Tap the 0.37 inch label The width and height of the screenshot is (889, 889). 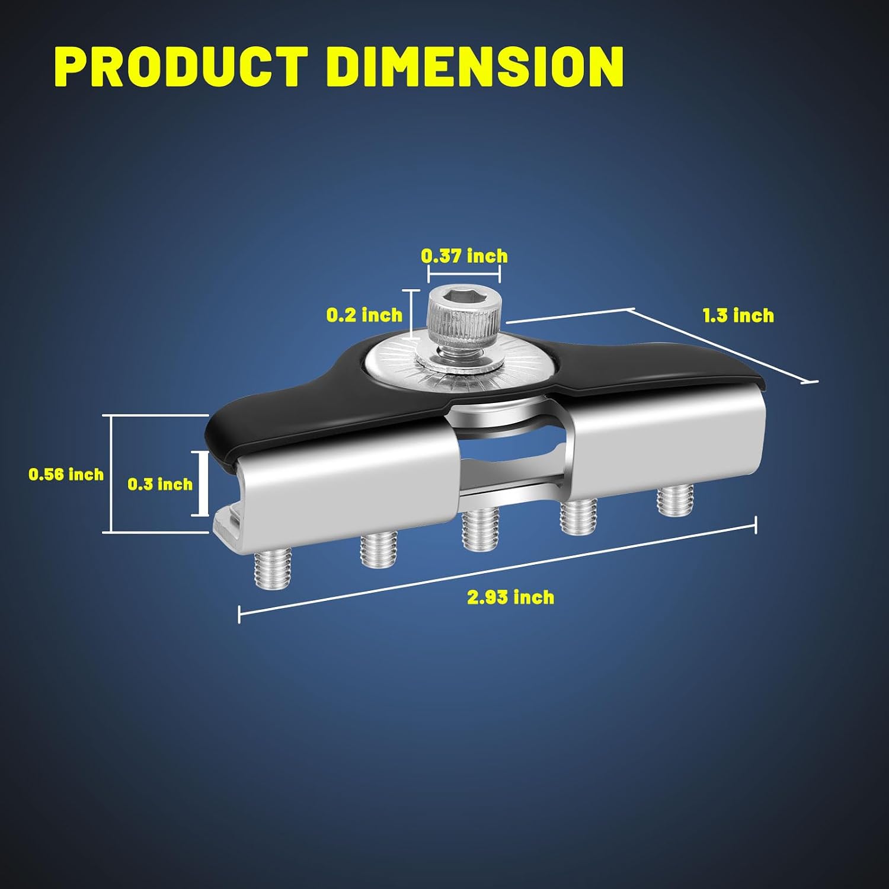pos(465,256)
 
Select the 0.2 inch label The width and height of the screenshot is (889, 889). pos(364,315)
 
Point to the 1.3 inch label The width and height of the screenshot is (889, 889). pos(738,315)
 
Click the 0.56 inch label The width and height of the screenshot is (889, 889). pos(66,474)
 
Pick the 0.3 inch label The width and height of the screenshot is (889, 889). pos(160,484)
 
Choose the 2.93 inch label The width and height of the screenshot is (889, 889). pos(511,597)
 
